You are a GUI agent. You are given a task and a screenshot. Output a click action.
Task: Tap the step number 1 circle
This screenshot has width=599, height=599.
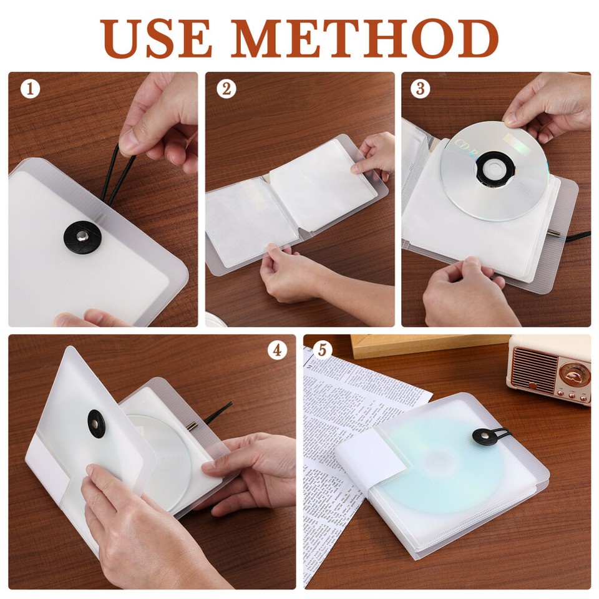coord(30,89)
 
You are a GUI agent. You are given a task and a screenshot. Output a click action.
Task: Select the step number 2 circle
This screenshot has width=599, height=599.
coord(226,89)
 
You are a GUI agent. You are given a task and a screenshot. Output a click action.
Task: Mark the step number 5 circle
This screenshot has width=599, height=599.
coord(322,350)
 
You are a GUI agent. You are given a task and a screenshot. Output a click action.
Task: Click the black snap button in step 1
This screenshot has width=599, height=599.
coord(81,236)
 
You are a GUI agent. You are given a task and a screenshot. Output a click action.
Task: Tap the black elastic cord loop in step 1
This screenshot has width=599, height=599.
coord(112,175)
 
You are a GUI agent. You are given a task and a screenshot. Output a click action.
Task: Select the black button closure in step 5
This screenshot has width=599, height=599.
coord(482,437)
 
